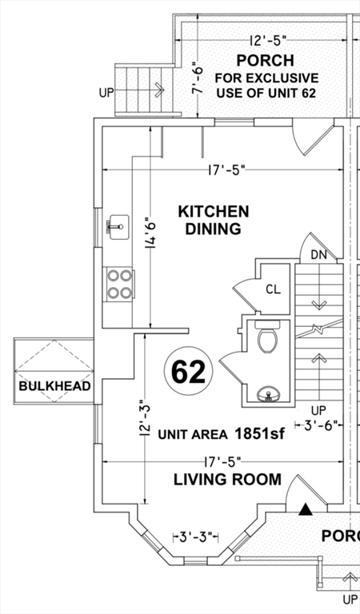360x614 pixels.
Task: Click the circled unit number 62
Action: tap(189, 372)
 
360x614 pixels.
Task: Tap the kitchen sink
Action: tap(119, 227)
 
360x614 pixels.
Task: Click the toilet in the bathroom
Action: tap(267, 336)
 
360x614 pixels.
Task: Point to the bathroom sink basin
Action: tap(268, 394)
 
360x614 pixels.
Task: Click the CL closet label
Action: tap(273, 289)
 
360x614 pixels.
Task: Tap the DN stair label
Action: tap(319, 255)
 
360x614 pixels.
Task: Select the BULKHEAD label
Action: tap(55, 386)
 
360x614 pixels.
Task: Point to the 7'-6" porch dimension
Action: tap(198, 79)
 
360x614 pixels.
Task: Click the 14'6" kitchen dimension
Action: tap(150, 233)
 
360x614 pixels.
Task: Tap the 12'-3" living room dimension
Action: tap(145, 420)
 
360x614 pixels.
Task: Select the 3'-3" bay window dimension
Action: tap(195, 536)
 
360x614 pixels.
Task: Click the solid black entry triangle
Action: tap(306, 510)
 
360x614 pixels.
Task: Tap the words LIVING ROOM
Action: tap(227, 480)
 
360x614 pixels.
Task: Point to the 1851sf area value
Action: tap(259, 433)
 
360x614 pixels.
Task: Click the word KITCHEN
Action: tap(214, 211)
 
